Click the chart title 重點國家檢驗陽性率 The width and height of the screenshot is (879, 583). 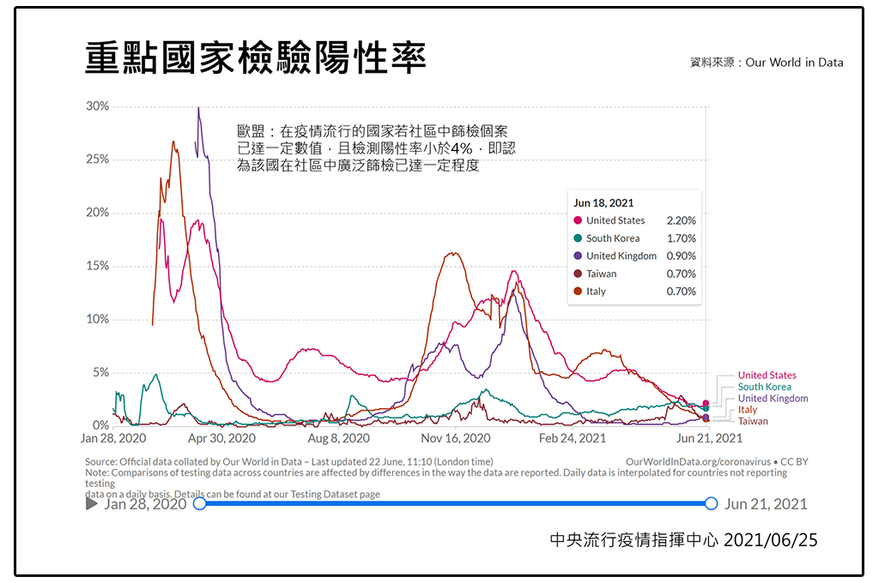coord(256,57)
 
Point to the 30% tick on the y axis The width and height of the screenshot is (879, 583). coord(97,106)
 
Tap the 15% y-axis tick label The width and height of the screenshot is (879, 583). coord(97,267)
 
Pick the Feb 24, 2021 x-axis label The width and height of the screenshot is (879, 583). coord(572,438)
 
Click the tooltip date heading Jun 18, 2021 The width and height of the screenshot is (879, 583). coord(603,202)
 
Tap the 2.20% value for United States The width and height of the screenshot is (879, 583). coord(681,220)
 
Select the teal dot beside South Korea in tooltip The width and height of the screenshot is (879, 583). coord(578,238)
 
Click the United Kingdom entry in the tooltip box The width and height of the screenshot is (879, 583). coord(621,256)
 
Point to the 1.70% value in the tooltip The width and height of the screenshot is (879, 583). coord(681,238)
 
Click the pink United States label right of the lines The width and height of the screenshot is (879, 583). coord(767,376)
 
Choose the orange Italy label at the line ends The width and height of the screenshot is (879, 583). coord(748,410)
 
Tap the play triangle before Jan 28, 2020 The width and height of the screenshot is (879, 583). coord(92,504)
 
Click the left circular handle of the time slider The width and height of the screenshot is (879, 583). coord(200,504)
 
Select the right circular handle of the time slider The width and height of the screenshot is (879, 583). coord(711,504)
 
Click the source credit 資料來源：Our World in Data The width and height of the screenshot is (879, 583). coord(766,63)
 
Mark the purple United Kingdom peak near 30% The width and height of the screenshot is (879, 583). coord(198,109)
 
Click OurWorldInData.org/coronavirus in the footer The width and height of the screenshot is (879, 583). coord(698,461)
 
